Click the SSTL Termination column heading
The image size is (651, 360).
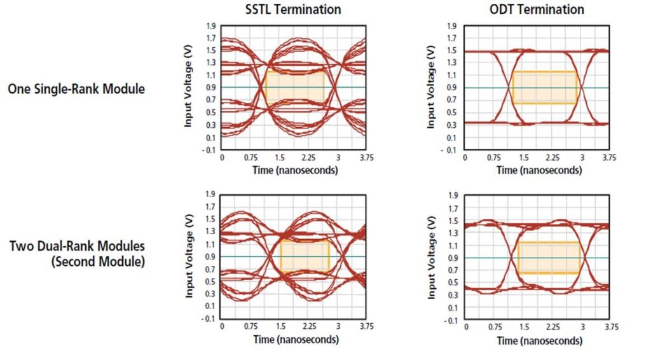point(293,9)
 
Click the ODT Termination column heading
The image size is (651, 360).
point(537,9)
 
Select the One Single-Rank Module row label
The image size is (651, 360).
point(76,88)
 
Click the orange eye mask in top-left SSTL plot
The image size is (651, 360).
point(295,87)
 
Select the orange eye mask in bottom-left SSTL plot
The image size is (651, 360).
point(305,256)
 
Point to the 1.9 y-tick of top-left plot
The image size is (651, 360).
point(210,26)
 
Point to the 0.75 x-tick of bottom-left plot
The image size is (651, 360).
point(250,326)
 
